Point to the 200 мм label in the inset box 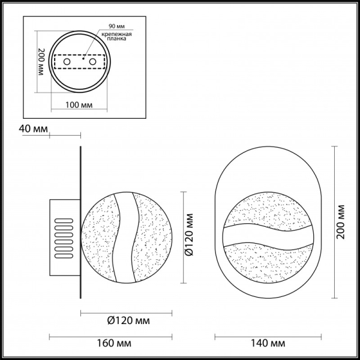pyautogui.click(x=41, y=63)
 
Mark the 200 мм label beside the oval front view pyautogui.click(x=341, y=223)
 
